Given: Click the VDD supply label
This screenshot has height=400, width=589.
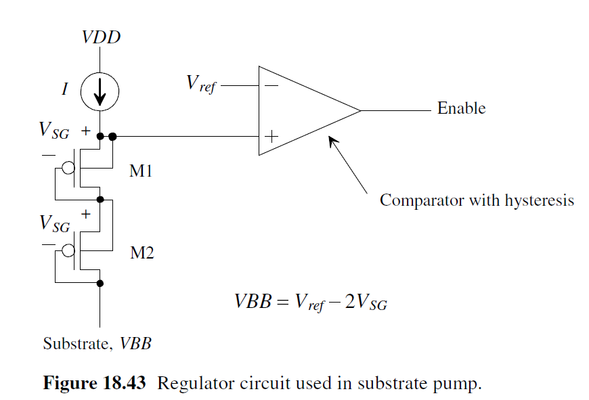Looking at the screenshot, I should (101, 37).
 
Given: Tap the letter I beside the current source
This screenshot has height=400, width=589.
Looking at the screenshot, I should (65, 89).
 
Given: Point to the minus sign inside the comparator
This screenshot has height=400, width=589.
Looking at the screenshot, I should (271, 86).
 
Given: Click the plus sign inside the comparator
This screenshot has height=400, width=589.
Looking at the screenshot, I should (271, 136).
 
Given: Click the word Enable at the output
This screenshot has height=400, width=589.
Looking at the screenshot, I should (461, 108).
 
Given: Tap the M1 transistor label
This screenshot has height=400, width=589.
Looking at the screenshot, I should (141, 171).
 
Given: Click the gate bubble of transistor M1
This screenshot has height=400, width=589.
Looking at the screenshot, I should (68, 168).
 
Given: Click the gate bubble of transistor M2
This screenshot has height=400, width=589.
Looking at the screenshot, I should (68, 250).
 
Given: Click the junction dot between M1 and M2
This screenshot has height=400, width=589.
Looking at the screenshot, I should (100, 200).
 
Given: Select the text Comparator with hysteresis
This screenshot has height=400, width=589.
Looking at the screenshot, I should (476, 200).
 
